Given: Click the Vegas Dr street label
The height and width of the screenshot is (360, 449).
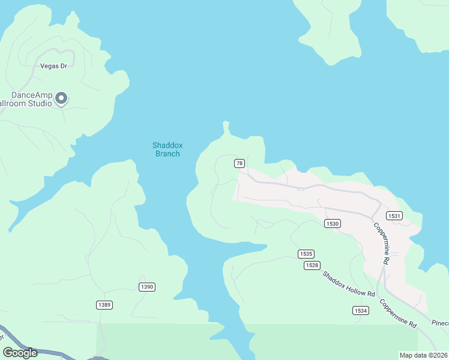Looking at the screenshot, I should pos(53,66).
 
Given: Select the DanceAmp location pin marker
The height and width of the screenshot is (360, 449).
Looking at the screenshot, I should pos(61,98).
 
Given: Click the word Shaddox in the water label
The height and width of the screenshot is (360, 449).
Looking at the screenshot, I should pos(167,145).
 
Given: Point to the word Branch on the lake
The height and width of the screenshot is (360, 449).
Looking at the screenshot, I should pos(167,154).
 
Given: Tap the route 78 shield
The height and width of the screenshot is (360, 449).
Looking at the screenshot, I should pos(240,163).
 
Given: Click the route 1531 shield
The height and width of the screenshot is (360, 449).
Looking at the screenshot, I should pos(394,216).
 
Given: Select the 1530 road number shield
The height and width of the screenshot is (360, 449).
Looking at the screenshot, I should pos(333,223).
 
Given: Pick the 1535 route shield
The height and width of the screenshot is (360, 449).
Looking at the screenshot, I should pos(306,254).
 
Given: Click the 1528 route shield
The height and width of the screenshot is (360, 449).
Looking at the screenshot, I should pos(312,265).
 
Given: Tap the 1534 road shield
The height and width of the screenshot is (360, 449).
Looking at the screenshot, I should pos(360,310).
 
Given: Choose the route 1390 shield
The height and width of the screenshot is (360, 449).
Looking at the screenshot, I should pos(147,287).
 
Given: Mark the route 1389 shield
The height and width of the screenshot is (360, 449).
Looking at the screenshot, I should pos(104,305).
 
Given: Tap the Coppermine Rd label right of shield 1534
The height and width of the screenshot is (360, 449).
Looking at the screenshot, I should pos(399,313).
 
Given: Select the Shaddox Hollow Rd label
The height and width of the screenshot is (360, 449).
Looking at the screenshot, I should pos(349,285).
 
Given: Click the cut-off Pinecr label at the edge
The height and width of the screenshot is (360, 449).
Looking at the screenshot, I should pos(439,323).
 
